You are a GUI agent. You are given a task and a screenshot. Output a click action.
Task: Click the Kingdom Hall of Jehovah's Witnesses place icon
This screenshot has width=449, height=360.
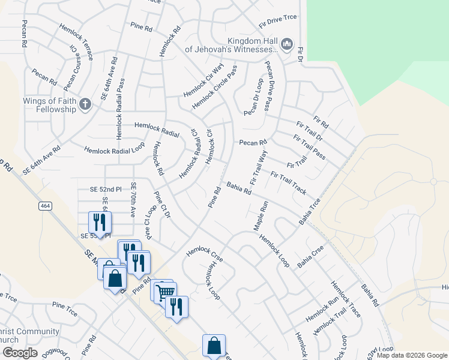tap(286, 44)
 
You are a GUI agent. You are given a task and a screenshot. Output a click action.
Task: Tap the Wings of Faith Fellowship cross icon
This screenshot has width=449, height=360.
tap(85, 104)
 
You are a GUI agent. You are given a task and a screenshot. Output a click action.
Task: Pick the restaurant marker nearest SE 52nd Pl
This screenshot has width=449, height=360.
tap(100, 223)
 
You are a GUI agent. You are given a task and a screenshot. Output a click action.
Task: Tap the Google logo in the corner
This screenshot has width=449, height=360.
tap(19, 353)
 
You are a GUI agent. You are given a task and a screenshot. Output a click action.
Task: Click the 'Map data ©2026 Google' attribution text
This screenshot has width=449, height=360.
tap(411, 355)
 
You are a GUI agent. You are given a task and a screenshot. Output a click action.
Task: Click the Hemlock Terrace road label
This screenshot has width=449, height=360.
tap(76, 41)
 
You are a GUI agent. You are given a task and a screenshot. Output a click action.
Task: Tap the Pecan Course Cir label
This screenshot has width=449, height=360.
tap(72, 65)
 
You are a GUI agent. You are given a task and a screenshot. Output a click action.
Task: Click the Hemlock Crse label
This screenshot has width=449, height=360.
tap(204, 254)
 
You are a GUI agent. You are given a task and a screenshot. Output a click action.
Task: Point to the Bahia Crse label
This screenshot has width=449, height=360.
tap(310, 256)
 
